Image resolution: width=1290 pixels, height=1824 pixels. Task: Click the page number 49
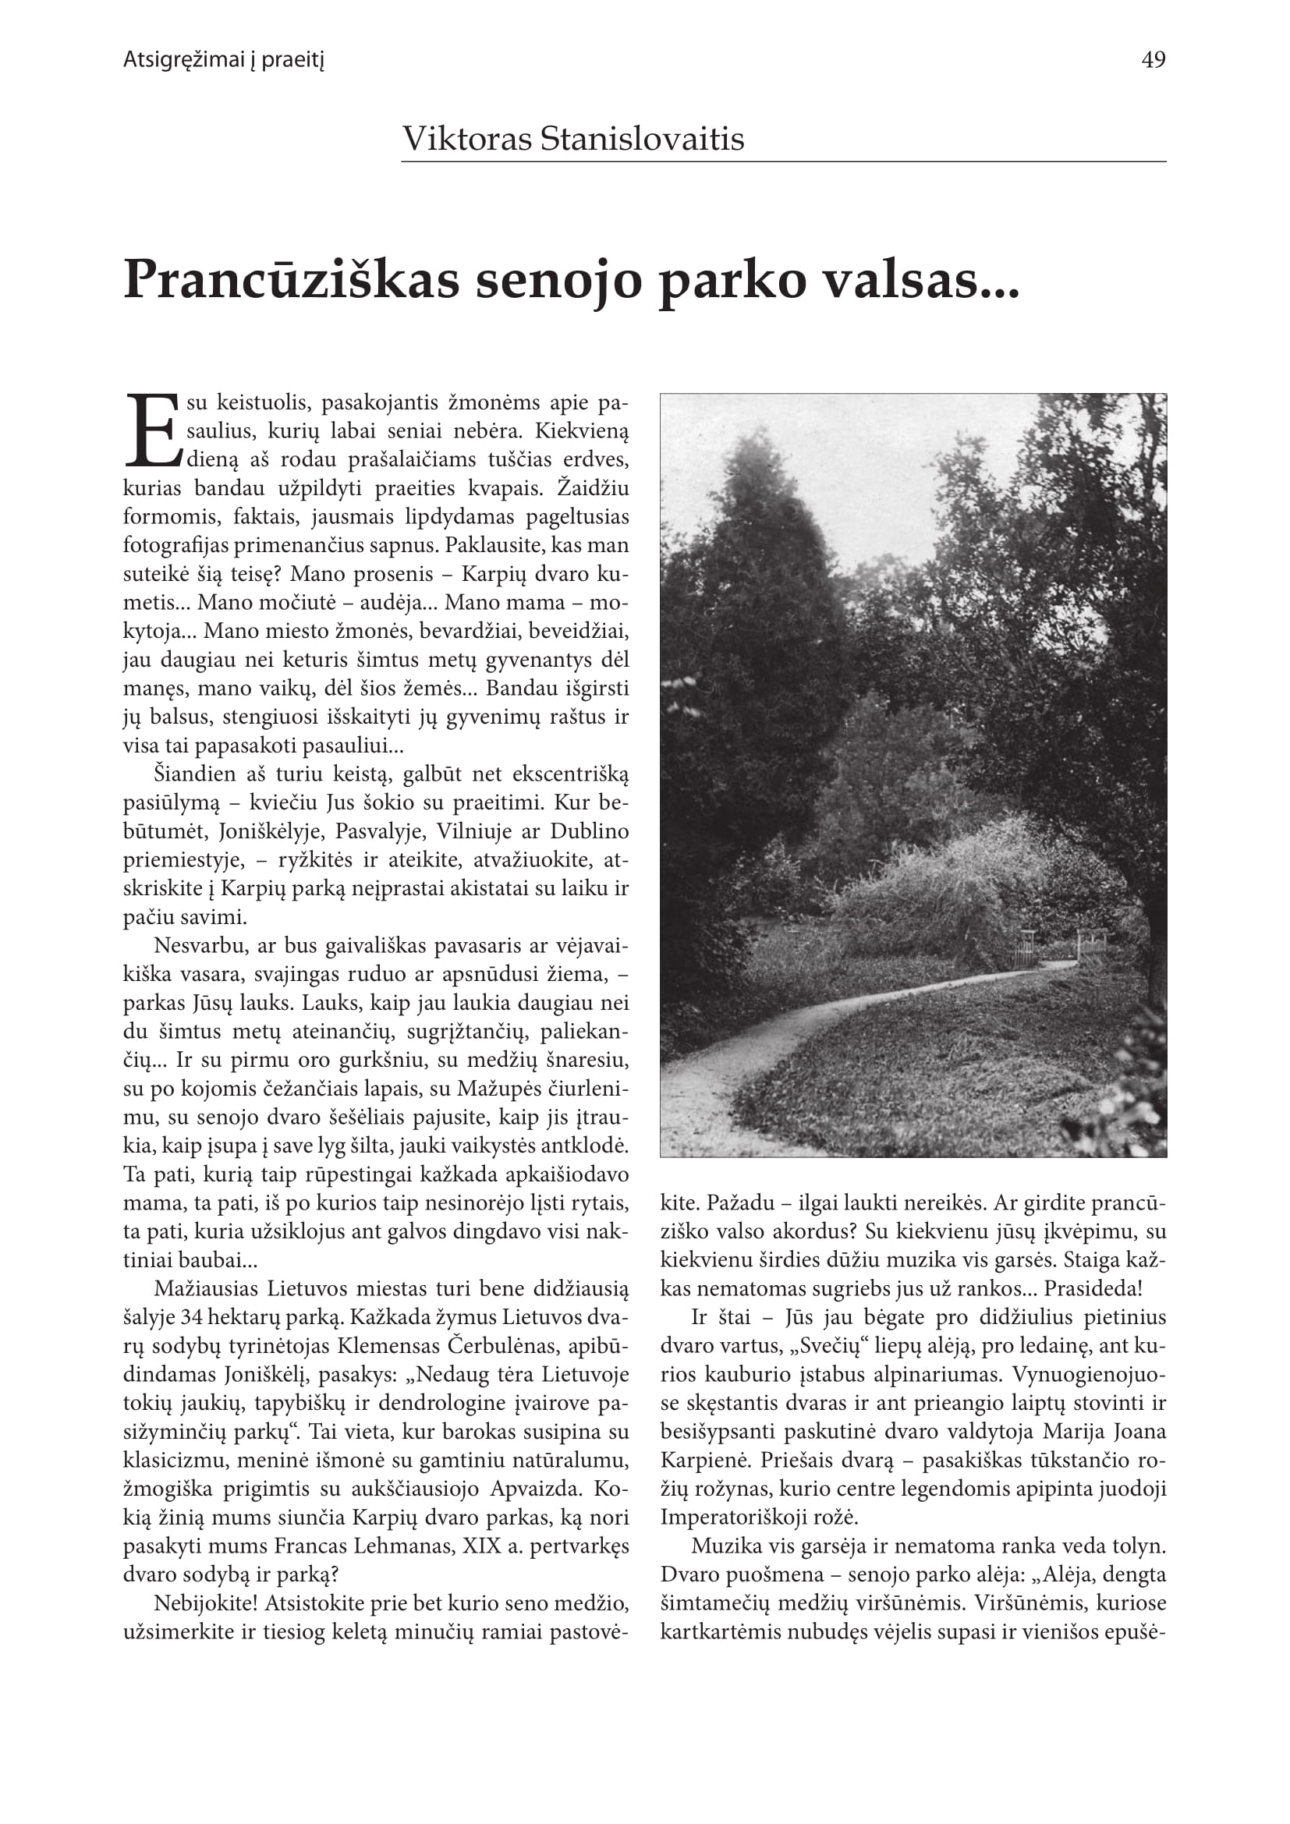[x=1153, y=60]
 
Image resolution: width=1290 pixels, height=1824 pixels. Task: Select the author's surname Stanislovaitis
[x=642, y=139]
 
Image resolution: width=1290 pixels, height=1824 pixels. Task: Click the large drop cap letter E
[x=152, y=431]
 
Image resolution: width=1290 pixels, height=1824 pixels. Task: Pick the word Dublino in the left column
[x=590, y=832]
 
